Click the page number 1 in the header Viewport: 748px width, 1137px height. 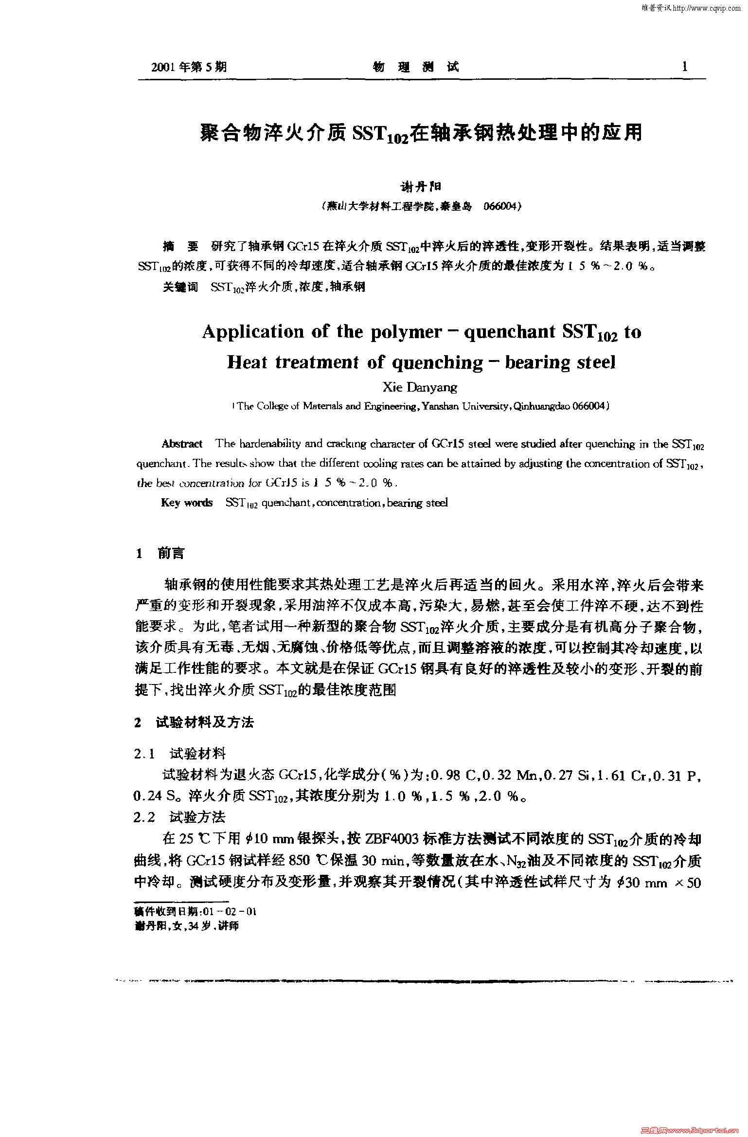click(685, 67)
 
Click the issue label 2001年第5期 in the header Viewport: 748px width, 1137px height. click(189, 67)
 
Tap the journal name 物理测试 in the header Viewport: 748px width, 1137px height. click(416, 67)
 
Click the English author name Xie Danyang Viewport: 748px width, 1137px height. click(420, 387)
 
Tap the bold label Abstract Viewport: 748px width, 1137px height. click(182, 444)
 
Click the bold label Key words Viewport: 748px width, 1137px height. click(187, 503)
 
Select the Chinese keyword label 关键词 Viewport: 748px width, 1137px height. click(180, 287)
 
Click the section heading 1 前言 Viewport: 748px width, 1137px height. click(160, 554)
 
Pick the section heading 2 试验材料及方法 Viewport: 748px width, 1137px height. click(194, 722)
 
